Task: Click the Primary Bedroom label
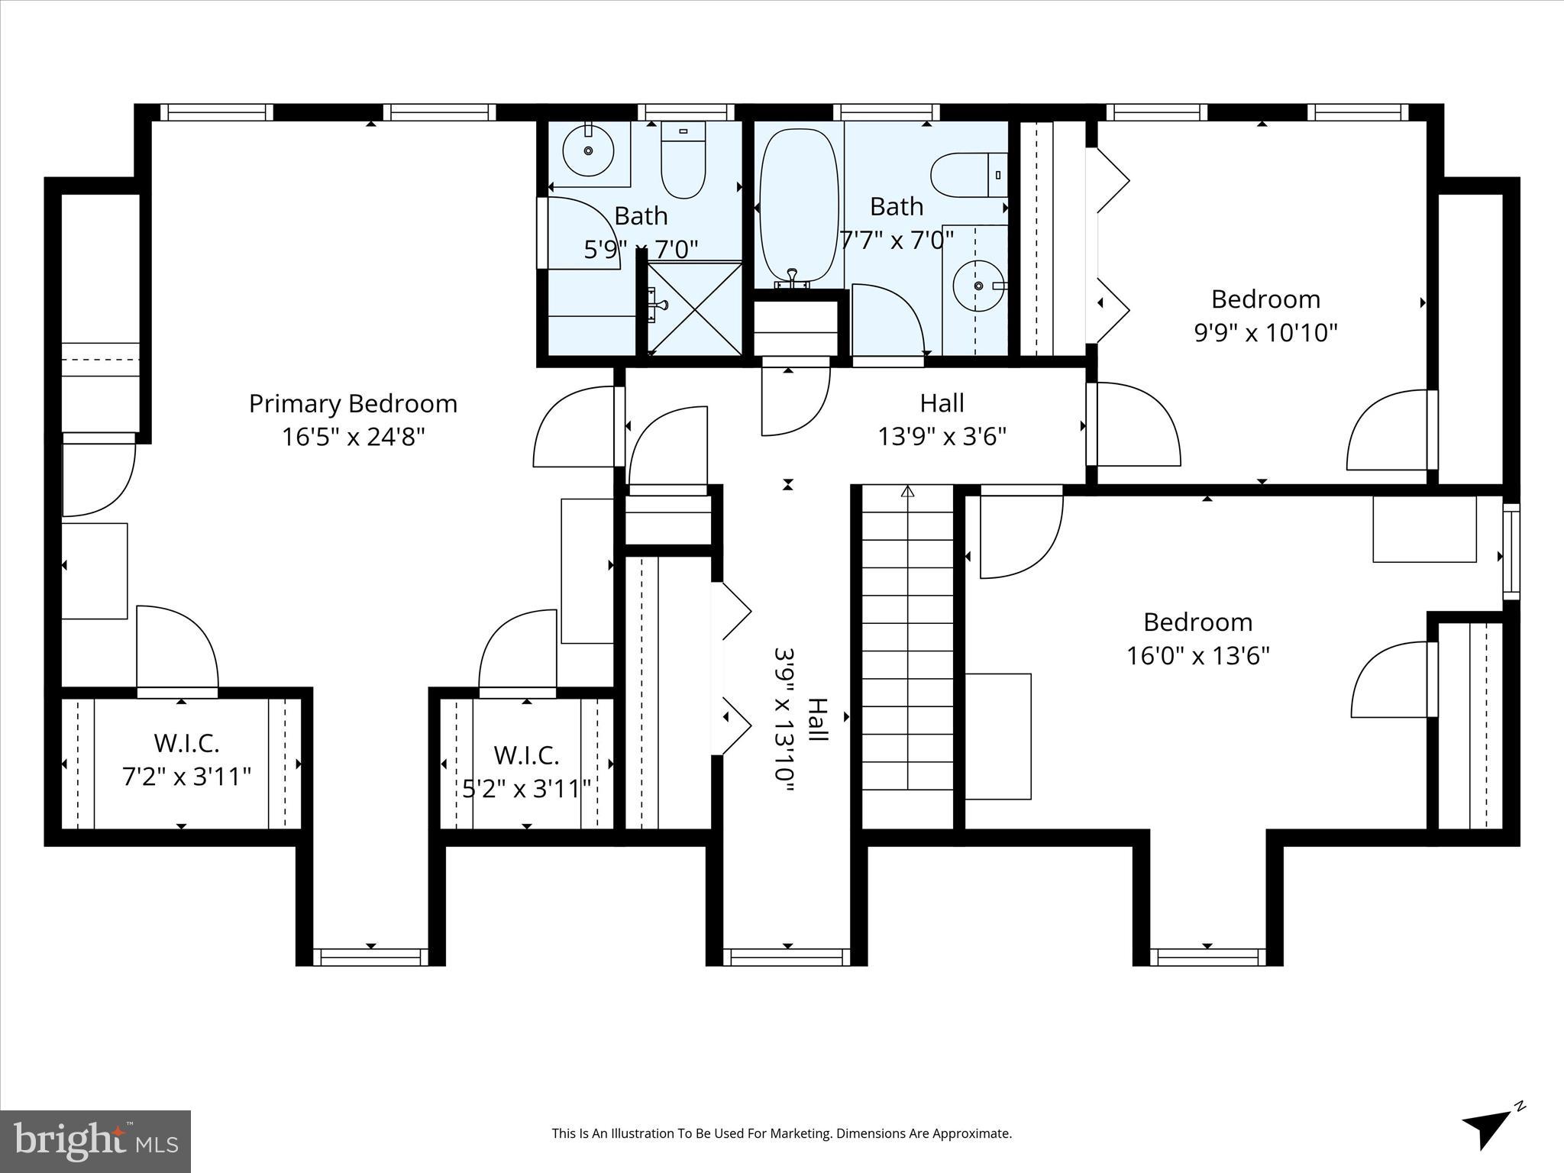353,403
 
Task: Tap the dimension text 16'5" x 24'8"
353,437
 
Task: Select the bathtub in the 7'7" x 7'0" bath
799,206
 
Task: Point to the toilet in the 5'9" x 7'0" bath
683,162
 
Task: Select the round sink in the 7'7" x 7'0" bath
978,286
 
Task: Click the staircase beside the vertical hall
908,657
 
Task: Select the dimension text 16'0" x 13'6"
1197,656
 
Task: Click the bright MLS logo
95,1141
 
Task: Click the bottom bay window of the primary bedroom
370,957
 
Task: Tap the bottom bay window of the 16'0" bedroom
1207,957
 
